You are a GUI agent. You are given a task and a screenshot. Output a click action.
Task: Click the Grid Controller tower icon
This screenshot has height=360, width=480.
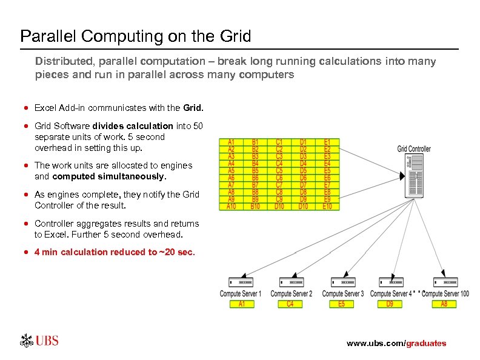[415, 176]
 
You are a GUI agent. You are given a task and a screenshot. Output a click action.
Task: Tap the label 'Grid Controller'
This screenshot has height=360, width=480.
[415, 148]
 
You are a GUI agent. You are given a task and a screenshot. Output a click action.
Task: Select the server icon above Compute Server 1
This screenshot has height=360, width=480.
[241, 282]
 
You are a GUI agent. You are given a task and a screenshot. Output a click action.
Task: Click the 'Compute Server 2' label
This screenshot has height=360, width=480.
[292, 294]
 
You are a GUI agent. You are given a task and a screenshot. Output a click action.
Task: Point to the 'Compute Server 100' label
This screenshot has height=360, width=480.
[445, 294]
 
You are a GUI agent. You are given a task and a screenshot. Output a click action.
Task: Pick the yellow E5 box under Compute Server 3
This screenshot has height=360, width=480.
[342, 304]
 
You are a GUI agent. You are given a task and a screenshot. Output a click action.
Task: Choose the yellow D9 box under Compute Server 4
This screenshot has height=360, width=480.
[390, 304]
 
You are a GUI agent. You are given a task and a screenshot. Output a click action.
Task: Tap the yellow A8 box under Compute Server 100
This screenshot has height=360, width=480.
[444, 304]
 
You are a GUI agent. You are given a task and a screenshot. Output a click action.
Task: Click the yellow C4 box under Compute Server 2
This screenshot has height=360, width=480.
[290, 304]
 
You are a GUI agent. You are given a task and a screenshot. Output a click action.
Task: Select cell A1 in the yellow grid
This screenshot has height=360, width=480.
[231, 142]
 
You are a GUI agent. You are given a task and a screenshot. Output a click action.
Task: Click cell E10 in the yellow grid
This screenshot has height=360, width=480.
[327, 207]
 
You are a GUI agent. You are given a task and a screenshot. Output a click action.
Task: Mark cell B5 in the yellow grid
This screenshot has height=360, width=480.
[255, 171]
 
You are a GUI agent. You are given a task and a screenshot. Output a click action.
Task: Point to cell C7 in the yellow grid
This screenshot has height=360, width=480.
[279, 185]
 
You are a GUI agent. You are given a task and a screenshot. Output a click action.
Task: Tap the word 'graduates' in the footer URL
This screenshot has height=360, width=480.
[426, 344]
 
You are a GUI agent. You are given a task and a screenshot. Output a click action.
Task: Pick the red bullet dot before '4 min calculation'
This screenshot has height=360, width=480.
[27, 252]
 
